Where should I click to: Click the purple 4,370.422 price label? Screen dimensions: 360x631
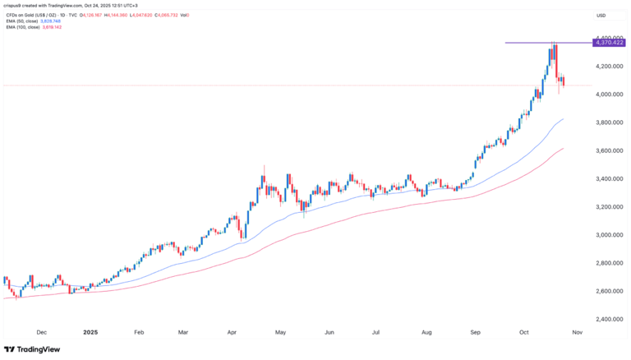pyautogui.click(x=610, y=42)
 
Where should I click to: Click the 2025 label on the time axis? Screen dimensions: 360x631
pyautogui.click(x=90, y=333)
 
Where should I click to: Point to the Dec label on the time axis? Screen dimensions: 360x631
pyautogui.click(x=42, y=333)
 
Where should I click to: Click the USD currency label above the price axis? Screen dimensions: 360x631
pyautogui.click(x=601, y=15)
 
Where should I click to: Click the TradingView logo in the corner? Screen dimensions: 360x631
pyautogui.click(x=35, y=348)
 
